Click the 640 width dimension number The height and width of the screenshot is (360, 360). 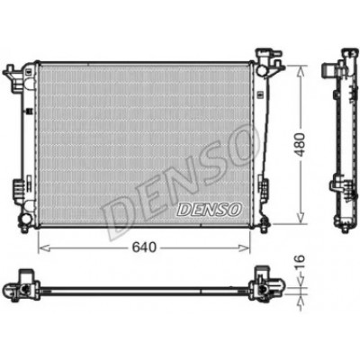click(x=145, y=247)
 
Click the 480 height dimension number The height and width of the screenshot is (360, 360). click(x=300, y=144)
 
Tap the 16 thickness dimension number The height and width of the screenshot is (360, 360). click(x=300, y=262)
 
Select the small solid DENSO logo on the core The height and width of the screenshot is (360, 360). click(x=210, y=209)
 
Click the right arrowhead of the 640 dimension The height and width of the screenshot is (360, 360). click(x=244, y=247)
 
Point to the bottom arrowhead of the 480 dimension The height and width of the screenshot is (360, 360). click(x=301, y=218)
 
